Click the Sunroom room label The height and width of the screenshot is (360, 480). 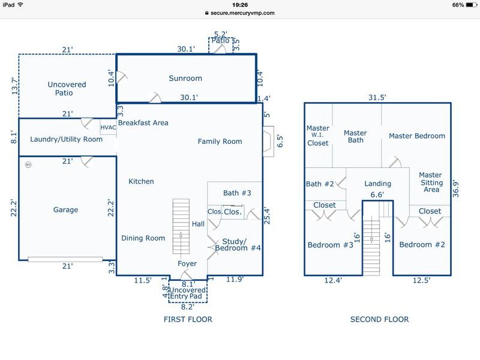185,79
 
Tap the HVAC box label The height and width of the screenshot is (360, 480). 109,127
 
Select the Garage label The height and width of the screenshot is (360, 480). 65,210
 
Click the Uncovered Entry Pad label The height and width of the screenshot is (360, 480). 188,295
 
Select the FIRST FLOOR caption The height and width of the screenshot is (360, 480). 188,320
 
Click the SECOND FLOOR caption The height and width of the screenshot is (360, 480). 379,320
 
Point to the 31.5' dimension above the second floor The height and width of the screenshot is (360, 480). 377,97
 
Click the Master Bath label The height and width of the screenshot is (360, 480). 355,137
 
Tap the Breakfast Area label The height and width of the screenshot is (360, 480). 143,123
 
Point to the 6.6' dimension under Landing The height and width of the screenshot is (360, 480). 377,194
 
